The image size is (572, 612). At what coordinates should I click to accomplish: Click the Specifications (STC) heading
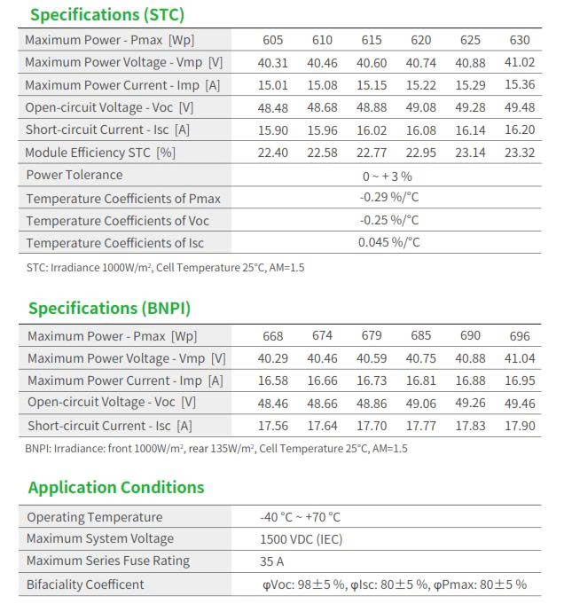pos(106,14)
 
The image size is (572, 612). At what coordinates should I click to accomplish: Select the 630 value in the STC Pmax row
pos(521,41)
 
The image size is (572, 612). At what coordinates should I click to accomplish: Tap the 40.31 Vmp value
pos(273,63)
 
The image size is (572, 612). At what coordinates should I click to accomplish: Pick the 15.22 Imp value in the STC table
pos(421,85)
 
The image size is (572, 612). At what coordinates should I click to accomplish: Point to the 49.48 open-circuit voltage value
pos(521,107)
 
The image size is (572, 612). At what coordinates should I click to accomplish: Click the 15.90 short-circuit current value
pos(273,129)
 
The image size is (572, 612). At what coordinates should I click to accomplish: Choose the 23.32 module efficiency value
pos(521,153)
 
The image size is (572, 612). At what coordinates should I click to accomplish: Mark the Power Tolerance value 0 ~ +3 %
pos(388,176)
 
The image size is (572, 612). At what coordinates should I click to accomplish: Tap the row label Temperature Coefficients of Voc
pos(118,220)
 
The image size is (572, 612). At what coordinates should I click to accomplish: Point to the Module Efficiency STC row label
pos(100,153)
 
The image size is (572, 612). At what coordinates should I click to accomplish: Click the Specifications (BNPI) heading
pos(109,309)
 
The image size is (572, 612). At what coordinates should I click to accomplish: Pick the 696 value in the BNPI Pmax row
pos(521,336)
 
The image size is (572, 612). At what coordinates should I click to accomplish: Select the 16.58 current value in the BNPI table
pos(273,381)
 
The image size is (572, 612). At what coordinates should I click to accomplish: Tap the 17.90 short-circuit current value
pos(521,426)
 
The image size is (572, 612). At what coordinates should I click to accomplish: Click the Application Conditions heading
pos(116,487)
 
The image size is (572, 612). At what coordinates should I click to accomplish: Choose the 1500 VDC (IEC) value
pos(302,539)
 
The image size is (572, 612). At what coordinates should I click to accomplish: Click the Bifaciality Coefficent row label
pos(85,585)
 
